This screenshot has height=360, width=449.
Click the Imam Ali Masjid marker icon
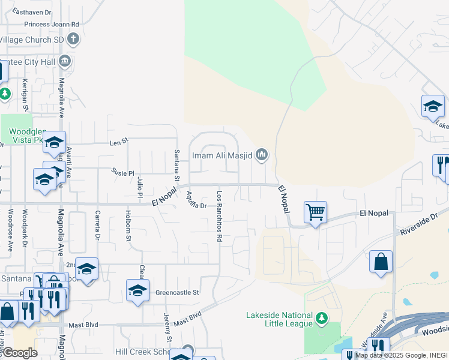click(x=261, y=155)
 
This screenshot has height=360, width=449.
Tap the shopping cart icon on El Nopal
click(x=315, y=211)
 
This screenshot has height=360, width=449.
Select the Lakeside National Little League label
click(x=280, y=320)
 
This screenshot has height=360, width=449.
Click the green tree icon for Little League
click(x=321, y=317)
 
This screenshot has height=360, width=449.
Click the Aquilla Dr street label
click(x=196, y=200)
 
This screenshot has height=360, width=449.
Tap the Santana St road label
click(x=177, y=165)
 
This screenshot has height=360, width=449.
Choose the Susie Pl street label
click(x=123, y=173)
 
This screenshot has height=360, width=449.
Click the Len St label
click(x=119, y=142)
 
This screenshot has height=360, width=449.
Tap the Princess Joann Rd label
click(x=52, y=25)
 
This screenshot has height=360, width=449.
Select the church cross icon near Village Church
click(x=73, y=40)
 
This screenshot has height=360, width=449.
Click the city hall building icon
click(x=65, y=61)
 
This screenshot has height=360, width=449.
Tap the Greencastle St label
click(x=177, y=293)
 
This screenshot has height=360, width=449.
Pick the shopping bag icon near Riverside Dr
click(x=381, y=262)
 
